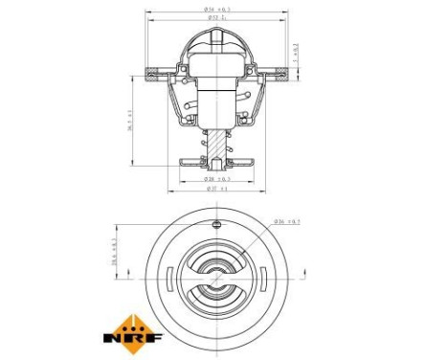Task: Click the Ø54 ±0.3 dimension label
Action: coord(217,10)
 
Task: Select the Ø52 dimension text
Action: coord(217,18)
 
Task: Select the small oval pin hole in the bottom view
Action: coord(216,224)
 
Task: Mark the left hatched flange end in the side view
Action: coord(155,73)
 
